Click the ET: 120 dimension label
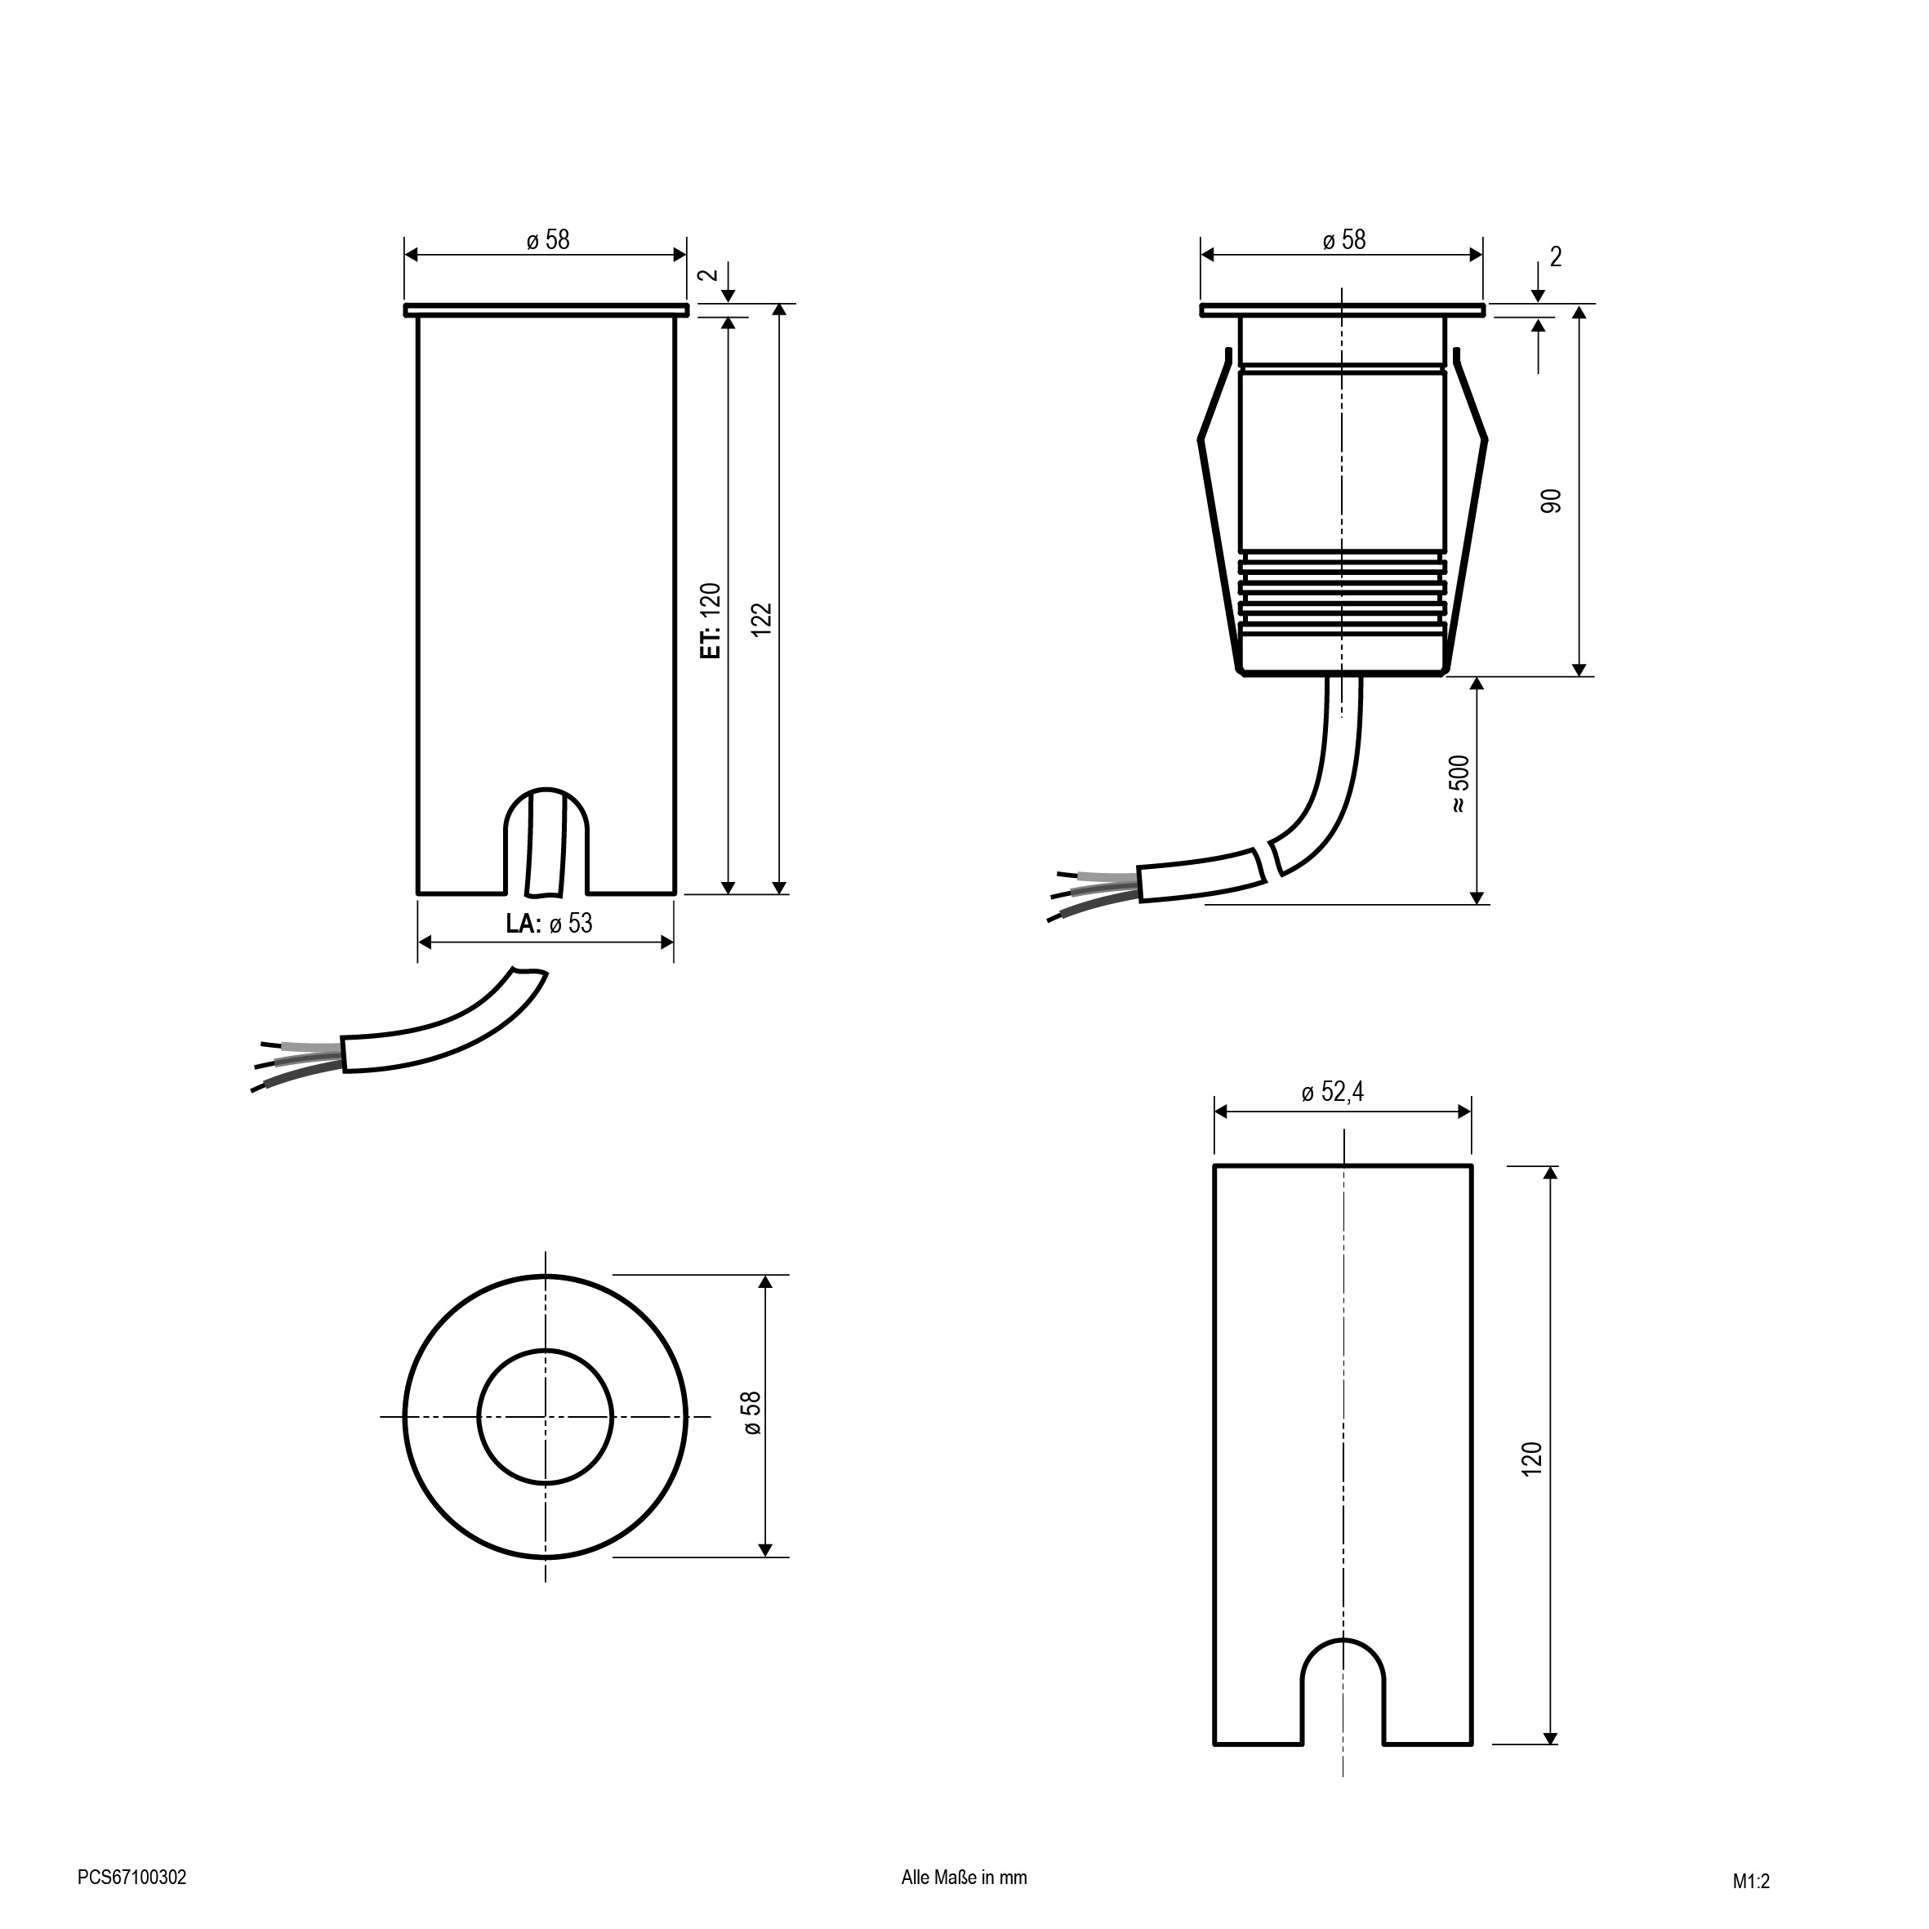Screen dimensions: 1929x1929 710,620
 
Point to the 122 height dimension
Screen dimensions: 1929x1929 762,620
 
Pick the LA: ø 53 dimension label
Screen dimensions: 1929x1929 549,924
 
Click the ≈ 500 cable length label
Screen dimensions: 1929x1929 1459,784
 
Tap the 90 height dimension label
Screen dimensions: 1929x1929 1551,501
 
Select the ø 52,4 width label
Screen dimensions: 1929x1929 1332,1092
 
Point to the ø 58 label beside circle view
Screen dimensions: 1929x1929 752,1414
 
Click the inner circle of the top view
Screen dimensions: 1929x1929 546,1416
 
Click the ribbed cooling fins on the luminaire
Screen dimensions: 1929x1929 1343,596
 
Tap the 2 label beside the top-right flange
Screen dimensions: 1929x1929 1556,256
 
